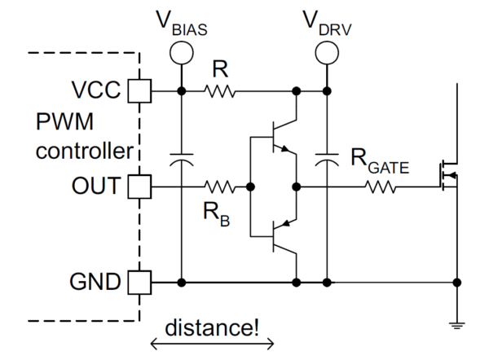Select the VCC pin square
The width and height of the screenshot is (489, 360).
140,90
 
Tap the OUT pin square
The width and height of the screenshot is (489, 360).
140,187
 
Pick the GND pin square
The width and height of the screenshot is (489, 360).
140,283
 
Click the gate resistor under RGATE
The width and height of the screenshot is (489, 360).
381,187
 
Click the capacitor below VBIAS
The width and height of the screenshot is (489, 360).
180,160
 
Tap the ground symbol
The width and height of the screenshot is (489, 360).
456,325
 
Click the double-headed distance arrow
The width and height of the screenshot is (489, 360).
212,342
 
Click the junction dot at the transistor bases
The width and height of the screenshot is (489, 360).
251,187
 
